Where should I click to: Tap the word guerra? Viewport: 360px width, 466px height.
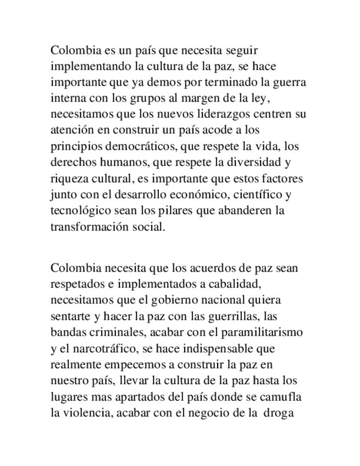pos(287,83)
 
